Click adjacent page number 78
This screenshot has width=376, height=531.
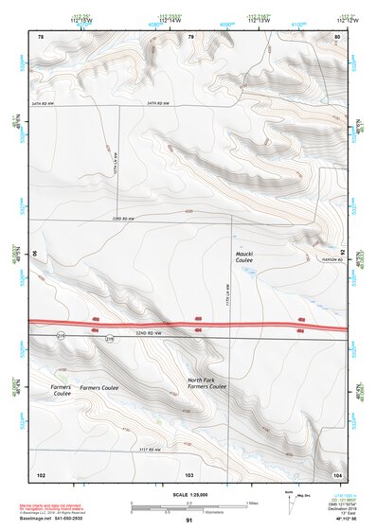pyautogui.click(x=41, y=37)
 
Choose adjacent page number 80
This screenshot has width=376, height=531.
pyautogui.click(x=336, y=37)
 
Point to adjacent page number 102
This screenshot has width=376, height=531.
pyautogui.click(x=41, y=473)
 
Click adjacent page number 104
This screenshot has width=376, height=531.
pyautogui.click(x=336, y=473)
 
